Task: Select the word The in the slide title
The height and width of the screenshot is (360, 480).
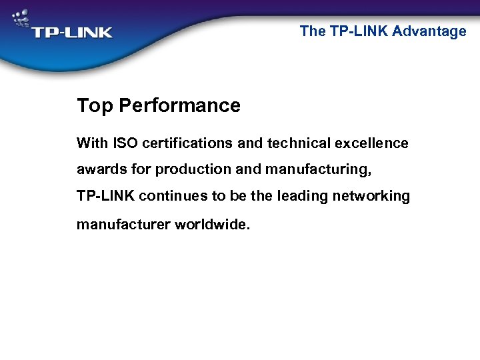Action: click(x=313, y=31)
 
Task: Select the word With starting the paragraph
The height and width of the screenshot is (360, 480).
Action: click(x=92, y=143)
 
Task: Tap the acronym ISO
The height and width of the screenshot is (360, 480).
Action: click(x=125, y=143)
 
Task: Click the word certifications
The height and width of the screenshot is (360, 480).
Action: click(x=184, y=143)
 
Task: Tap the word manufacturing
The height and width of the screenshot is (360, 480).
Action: click(x=317, y=171)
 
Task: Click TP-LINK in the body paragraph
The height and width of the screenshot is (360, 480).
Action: click(x=107, y=197)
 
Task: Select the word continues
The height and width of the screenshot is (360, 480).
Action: click(x=172, y=197)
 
